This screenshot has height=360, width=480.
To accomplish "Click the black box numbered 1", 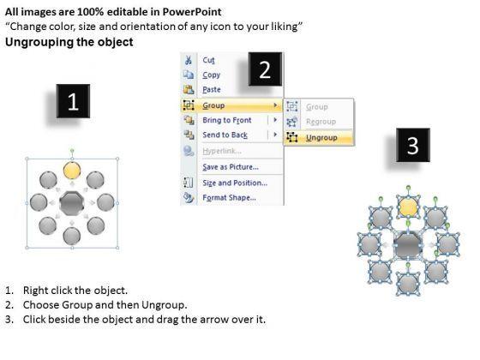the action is coord(73,101).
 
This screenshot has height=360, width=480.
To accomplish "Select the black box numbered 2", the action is coord(265,69).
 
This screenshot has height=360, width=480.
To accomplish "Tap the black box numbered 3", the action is coord(413,145).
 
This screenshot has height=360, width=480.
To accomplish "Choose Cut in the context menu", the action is coord(209,60).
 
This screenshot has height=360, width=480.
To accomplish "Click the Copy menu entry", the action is coord(211,75).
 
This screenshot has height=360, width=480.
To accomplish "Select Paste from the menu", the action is coord(212,89).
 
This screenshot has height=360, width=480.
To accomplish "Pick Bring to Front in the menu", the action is coord(227,120).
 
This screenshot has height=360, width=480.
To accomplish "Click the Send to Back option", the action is coord(225,135).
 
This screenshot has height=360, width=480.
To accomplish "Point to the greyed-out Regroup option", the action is coord(321,122).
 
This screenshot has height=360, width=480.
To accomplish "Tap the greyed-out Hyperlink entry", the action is coord(222,151).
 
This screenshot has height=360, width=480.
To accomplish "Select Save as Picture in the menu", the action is coord(231,167).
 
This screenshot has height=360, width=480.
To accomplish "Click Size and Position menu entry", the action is coord(235,183).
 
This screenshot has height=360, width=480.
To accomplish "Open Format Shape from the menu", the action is coord(230,197).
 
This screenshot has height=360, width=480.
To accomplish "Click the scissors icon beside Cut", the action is coord(189,60).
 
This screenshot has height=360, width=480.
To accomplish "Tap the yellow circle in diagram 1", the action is coord(72,171).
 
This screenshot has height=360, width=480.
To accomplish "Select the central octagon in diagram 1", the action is coord(72,203).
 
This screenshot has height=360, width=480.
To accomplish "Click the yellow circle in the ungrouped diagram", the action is coord(408,207).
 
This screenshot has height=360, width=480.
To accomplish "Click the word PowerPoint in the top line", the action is coord(192,12).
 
